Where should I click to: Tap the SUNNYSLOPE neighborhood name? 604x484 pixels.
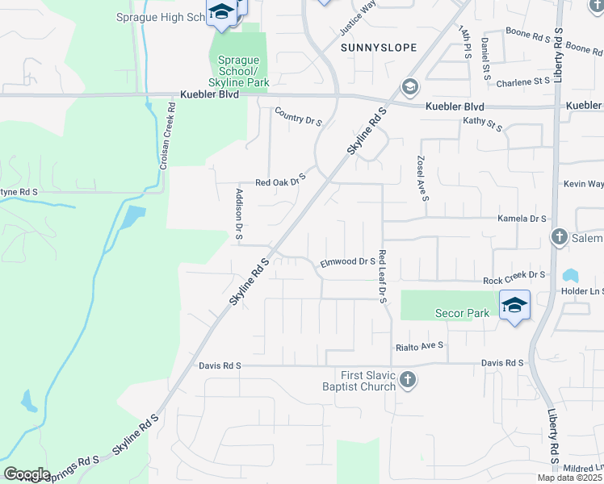click(379, 48)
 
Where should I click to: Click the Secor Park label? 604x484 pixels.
click(463, 313)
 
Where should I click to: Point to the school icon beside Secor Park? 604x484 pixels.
click(514, 305)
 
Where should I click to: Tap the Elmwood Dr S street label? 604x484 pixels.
click(348, 261)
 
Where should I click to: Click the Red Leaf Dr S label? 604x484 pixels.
click(382, 276)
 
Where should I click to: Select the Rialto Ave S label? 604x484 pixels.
click(420, 346)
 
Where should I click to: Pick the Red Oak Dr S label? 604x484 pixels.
click(280, 180)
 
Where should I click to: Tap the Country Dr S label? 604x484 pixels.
click(298, 117)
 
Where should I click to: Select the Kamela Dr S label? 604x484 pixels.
click(522, 219)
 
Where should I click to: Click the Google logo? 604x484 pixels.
click(27, 474)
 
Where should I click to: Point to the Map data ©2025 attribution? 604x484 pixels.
click(570, 478)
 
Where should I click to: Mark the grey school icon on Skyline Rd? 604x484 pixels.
click(409, 86)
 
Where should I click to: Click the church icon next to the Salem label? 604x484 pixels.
click(558, 237)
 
